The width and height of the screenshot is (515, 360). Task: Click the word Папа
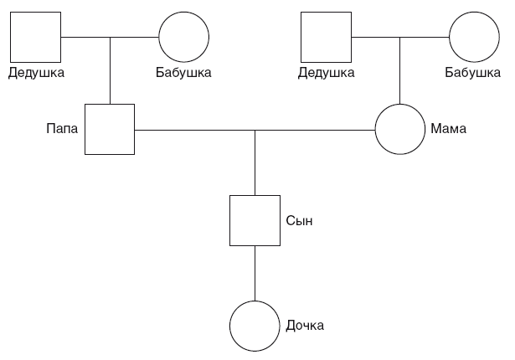pyautogui.click(x=62, y=128)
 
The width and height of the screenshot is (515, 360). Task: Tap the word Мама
pyautogui.click(x=448, y=128)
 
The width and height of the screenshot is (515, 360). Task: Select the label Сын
pyautogui.click(x=299, y=221)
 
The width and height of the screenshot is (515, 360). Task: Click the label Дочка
pyautogui.click(x=305, y=326)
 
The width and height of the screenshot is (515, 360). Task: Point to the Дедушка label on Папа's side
pyautogui.click(x=36, y=73)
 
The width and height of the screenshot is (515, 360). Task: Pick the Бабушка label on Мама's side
pyautogui.click(x=472, y=73)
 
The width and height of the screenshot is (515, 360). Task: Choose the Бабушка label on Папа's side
pyautogui.click(x=183, y=73)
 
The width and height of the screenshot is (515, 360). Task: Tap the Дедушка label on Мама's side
pyautogui.click(x=326, y=73)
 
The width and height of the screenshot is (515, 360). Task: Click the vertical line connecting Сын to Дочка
pyautogui.click(x=255, y=273)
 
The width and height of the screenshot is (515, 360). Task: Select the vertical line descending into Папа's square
pyautogui.click(x=110, y=70)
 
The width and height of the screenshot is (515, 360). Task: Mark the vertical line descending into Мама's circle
pyautogui.click(x=399, y=70)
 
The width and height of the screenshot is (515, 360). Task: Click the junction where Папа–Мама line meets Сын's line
pyautogui.click(x=255, y=130)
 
